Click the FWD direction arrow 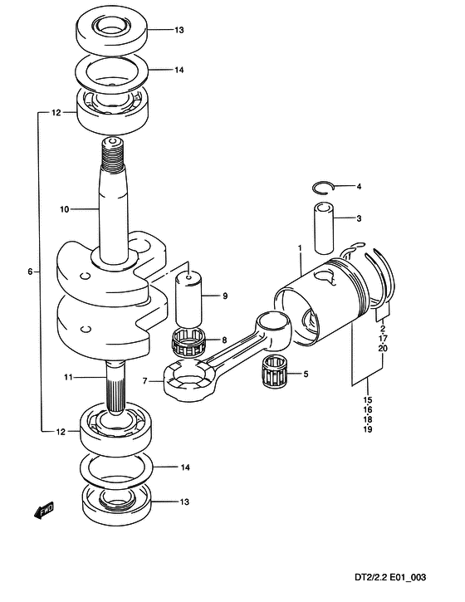tap(44, 511)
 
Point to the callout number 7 tap(144, 381)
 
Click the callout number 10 tap(64, 209)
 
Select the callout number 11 tap(68, 378)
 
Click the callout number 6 tap(30, 272)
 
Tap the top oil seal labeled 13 tap(112, 30)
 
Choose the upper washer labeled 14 tap(113, 71)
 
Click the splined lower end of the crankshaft tap(115, 388)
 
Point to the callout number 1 tap(300, 248)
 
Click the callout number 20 tap(383, 348)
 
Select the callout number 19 tap(368, 429)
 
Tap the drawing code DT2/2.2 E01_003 tap(390, 577)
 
